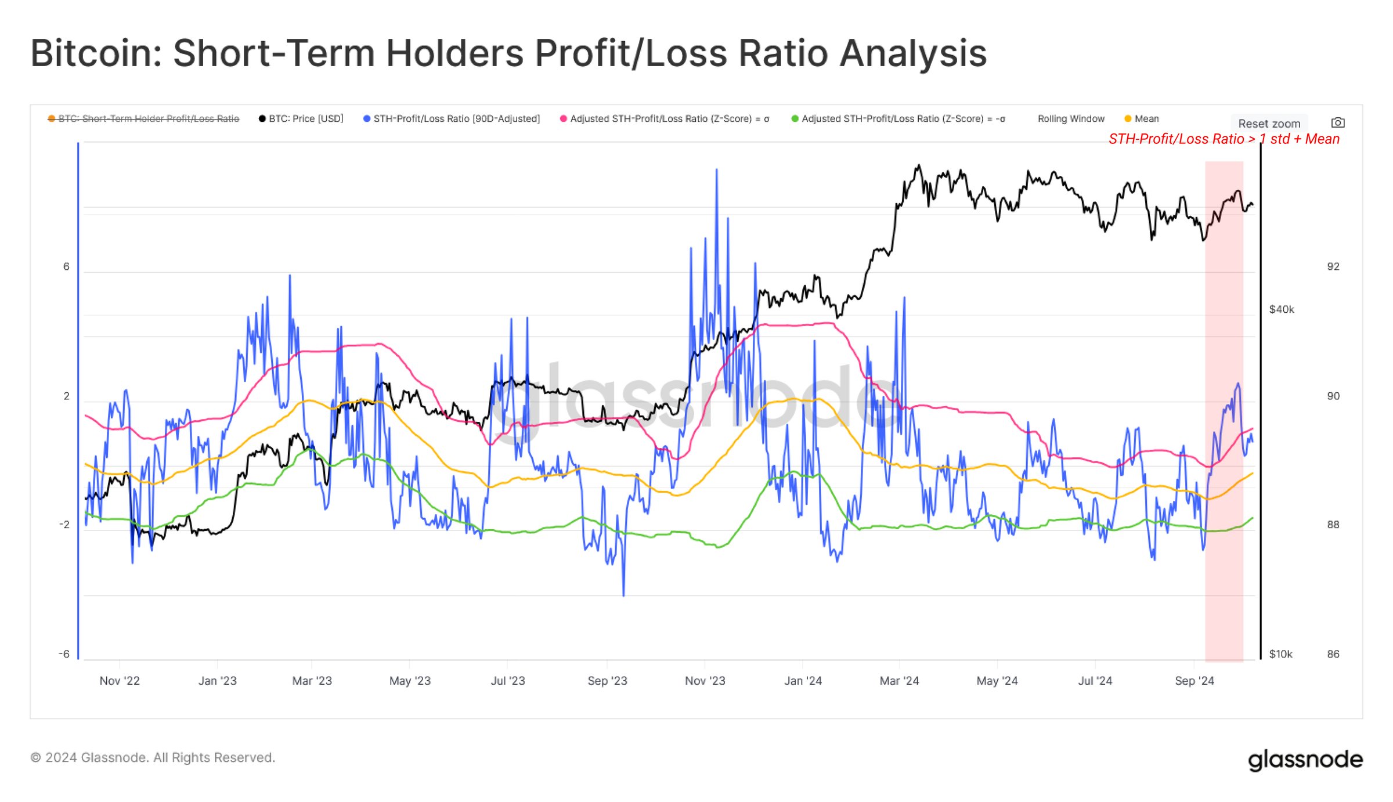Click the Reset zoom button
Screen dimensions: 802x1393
click(x=1269, y=124)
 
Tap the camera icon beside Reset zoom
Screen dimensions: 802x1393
click(x=1338, y=122)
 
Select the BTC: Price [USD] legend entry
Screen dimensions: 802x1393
click(x=301, y=119)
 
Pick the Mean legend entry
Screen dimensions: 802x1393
click(x=1142, y=119)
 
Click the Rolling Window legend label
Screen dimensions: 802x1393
click(x=1071, y=119)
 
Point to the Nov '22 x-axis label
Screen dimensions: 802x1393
click(x=120, y=681)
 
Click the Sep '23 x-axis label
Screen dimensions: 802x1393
click(x=607, y=681)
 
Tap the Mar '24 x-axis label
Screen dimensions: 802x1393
click(x=899, y=681)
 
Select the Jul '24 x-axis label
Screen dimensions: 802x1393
click(x=1095, y=681)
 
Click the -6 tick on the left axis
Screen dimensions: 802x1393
click(x=64, y=654)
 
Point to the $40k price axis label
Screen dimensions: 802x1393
click(x=1282, y=309)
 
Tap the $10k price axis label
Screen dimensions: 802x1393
click(x=1280, y=654)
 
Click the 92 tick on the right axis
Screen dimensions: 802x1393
click(x=1333, y=267)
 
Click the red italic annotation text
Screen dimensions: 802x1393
click(x=1224, y=139)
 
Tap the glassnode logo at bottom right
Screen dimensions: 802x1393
click(x=1305, y=760)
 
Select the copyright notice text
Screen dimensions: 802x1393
click(x=153, y=758)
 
